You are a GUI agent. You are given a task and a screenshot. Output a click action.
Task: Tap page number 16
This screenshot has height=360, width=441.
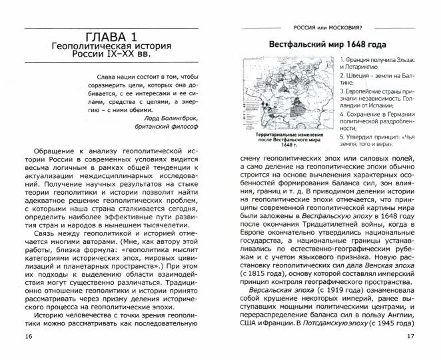click(27, 335)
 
